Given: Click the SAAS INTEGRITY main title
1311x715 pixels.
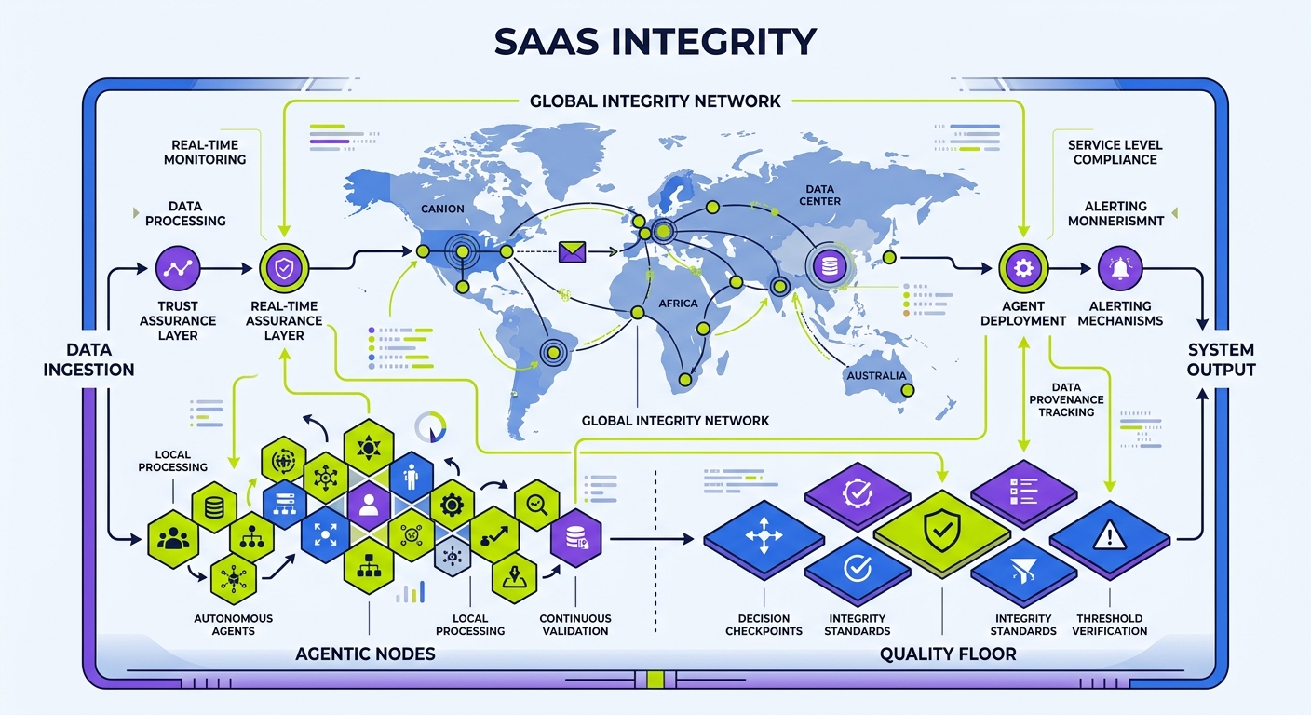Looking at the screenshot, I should coord(655,41).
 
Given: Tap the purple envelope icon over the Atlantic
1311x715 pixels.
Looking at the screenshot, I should coord(571,250).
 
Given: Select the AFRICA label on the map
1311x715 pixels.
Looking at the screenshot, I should coord(678,304).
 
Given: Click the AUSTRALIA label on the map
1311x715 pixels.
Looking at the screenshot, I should coord(875,375).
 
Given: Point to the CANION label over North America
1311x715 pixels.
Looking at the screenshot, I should coord(442,209).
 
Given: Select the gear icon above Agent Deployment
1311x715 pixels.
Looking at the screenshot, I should coord(1023,268).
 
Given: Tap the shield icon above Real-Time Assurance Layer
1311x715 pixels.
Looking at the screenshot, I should coord(283,268).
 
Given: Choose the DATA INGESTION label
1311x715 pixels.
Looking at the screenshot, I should coord(88,359).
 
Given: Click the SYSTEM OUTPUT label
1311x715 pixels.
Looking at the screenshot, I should coord(1222,359).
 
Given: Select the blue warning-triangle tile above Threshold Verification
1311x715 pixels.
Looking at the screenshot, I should coord(1109,536).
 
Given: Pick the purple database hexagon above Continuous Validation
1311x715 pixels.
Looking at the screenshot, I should coord(575,538).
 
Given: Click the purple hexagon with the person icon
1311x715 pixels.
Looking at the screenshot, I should coord(369,506).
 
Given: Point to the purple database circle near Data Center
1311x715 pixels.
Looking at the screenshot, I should coord(827,265).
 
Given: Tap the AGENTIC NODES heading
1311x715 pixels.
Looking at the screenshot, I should coord(365,654).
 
